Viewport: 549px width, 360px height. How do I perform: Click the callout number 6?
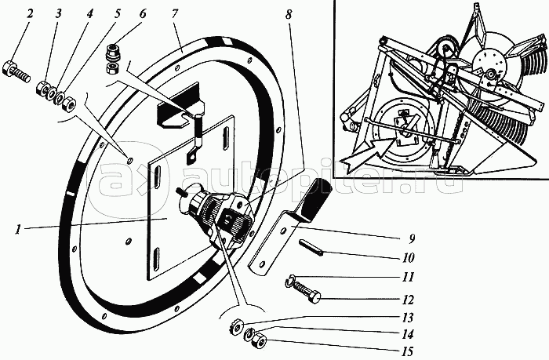pyautogui.click(x=142, y=13)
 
